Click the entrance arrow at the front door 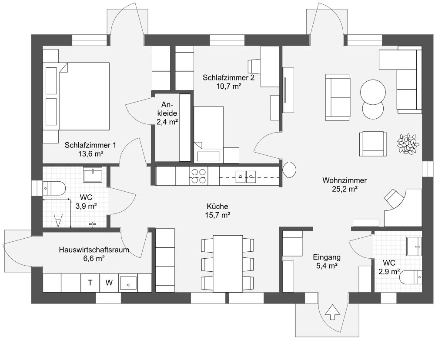coord(332,313)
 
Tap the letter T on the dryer coord(90,283)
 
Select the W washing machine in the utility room coord(109,283)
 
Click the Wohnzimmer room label coord(345,180)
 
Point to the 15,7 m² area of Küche coord(217,215)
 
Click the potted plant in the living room coord(408,143)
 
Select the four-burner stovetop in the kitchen coord(199,176)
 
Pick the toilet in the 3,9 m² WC coord(54,189)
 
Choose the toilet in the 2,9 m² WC coord(411,277)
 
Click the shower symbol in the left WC coord(58,221)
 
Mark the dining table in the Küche coord(228,263)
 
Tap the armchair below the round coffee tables coord(373,143)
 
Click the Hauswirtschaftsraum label coord(94,250)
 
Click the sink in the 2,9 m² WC coord(414,246)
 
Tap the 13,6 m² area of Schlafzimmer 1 coord(91,153)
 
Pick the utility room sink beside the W coord(128,283)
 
